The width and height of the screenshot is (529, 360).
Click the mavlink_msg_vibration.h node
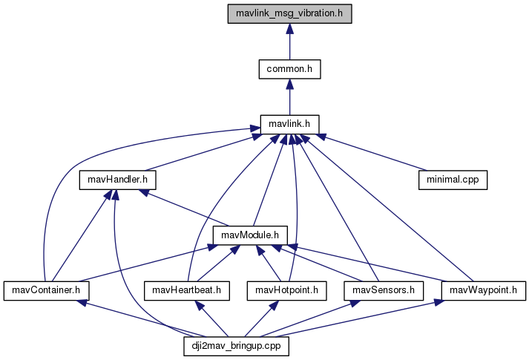[289, 13]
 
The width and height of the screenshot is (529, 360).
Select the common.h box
[289, 69]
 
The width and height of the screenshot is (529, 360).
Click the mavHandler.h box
[118, 180]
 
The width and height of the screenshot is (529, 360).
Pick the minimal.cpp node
[452, 180]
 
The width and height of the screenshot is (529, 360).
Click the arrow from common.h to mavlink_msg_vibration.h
[289, 42]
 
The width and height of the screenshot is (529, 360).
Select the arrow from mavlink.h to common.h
[289, 97]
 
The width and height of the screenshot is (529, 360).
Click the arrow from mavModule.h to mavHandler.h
[182, 208]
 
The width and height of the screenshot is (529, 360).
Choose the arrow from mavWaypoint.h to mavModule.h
[371, 264]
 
